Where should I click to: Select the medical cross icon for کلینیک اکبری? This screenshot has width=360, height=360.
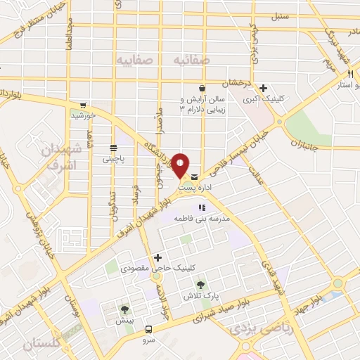pyautogui.click(x=263, y=89)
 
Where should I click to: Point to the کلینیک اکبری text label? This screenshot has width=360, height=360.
pyautogui.click(x=260, y=101)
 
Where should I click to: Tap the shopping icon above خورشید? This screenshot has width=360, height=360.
pyautogui.click(x=83, y=104)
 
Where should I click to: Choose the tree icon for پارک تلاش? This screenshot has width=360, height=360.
pyautogui.click(x=200, y=285)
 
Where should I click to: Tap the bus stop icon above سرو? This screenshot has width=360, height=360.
pyautogui.click(x=148, y=329)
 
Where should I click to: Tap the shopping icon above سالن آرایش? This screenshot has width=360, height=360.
pyautogui.click(x=202, y=89)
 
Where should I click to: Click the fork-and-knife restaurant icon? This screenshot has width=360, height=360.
pyautogui.click(x=349, y=75)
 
